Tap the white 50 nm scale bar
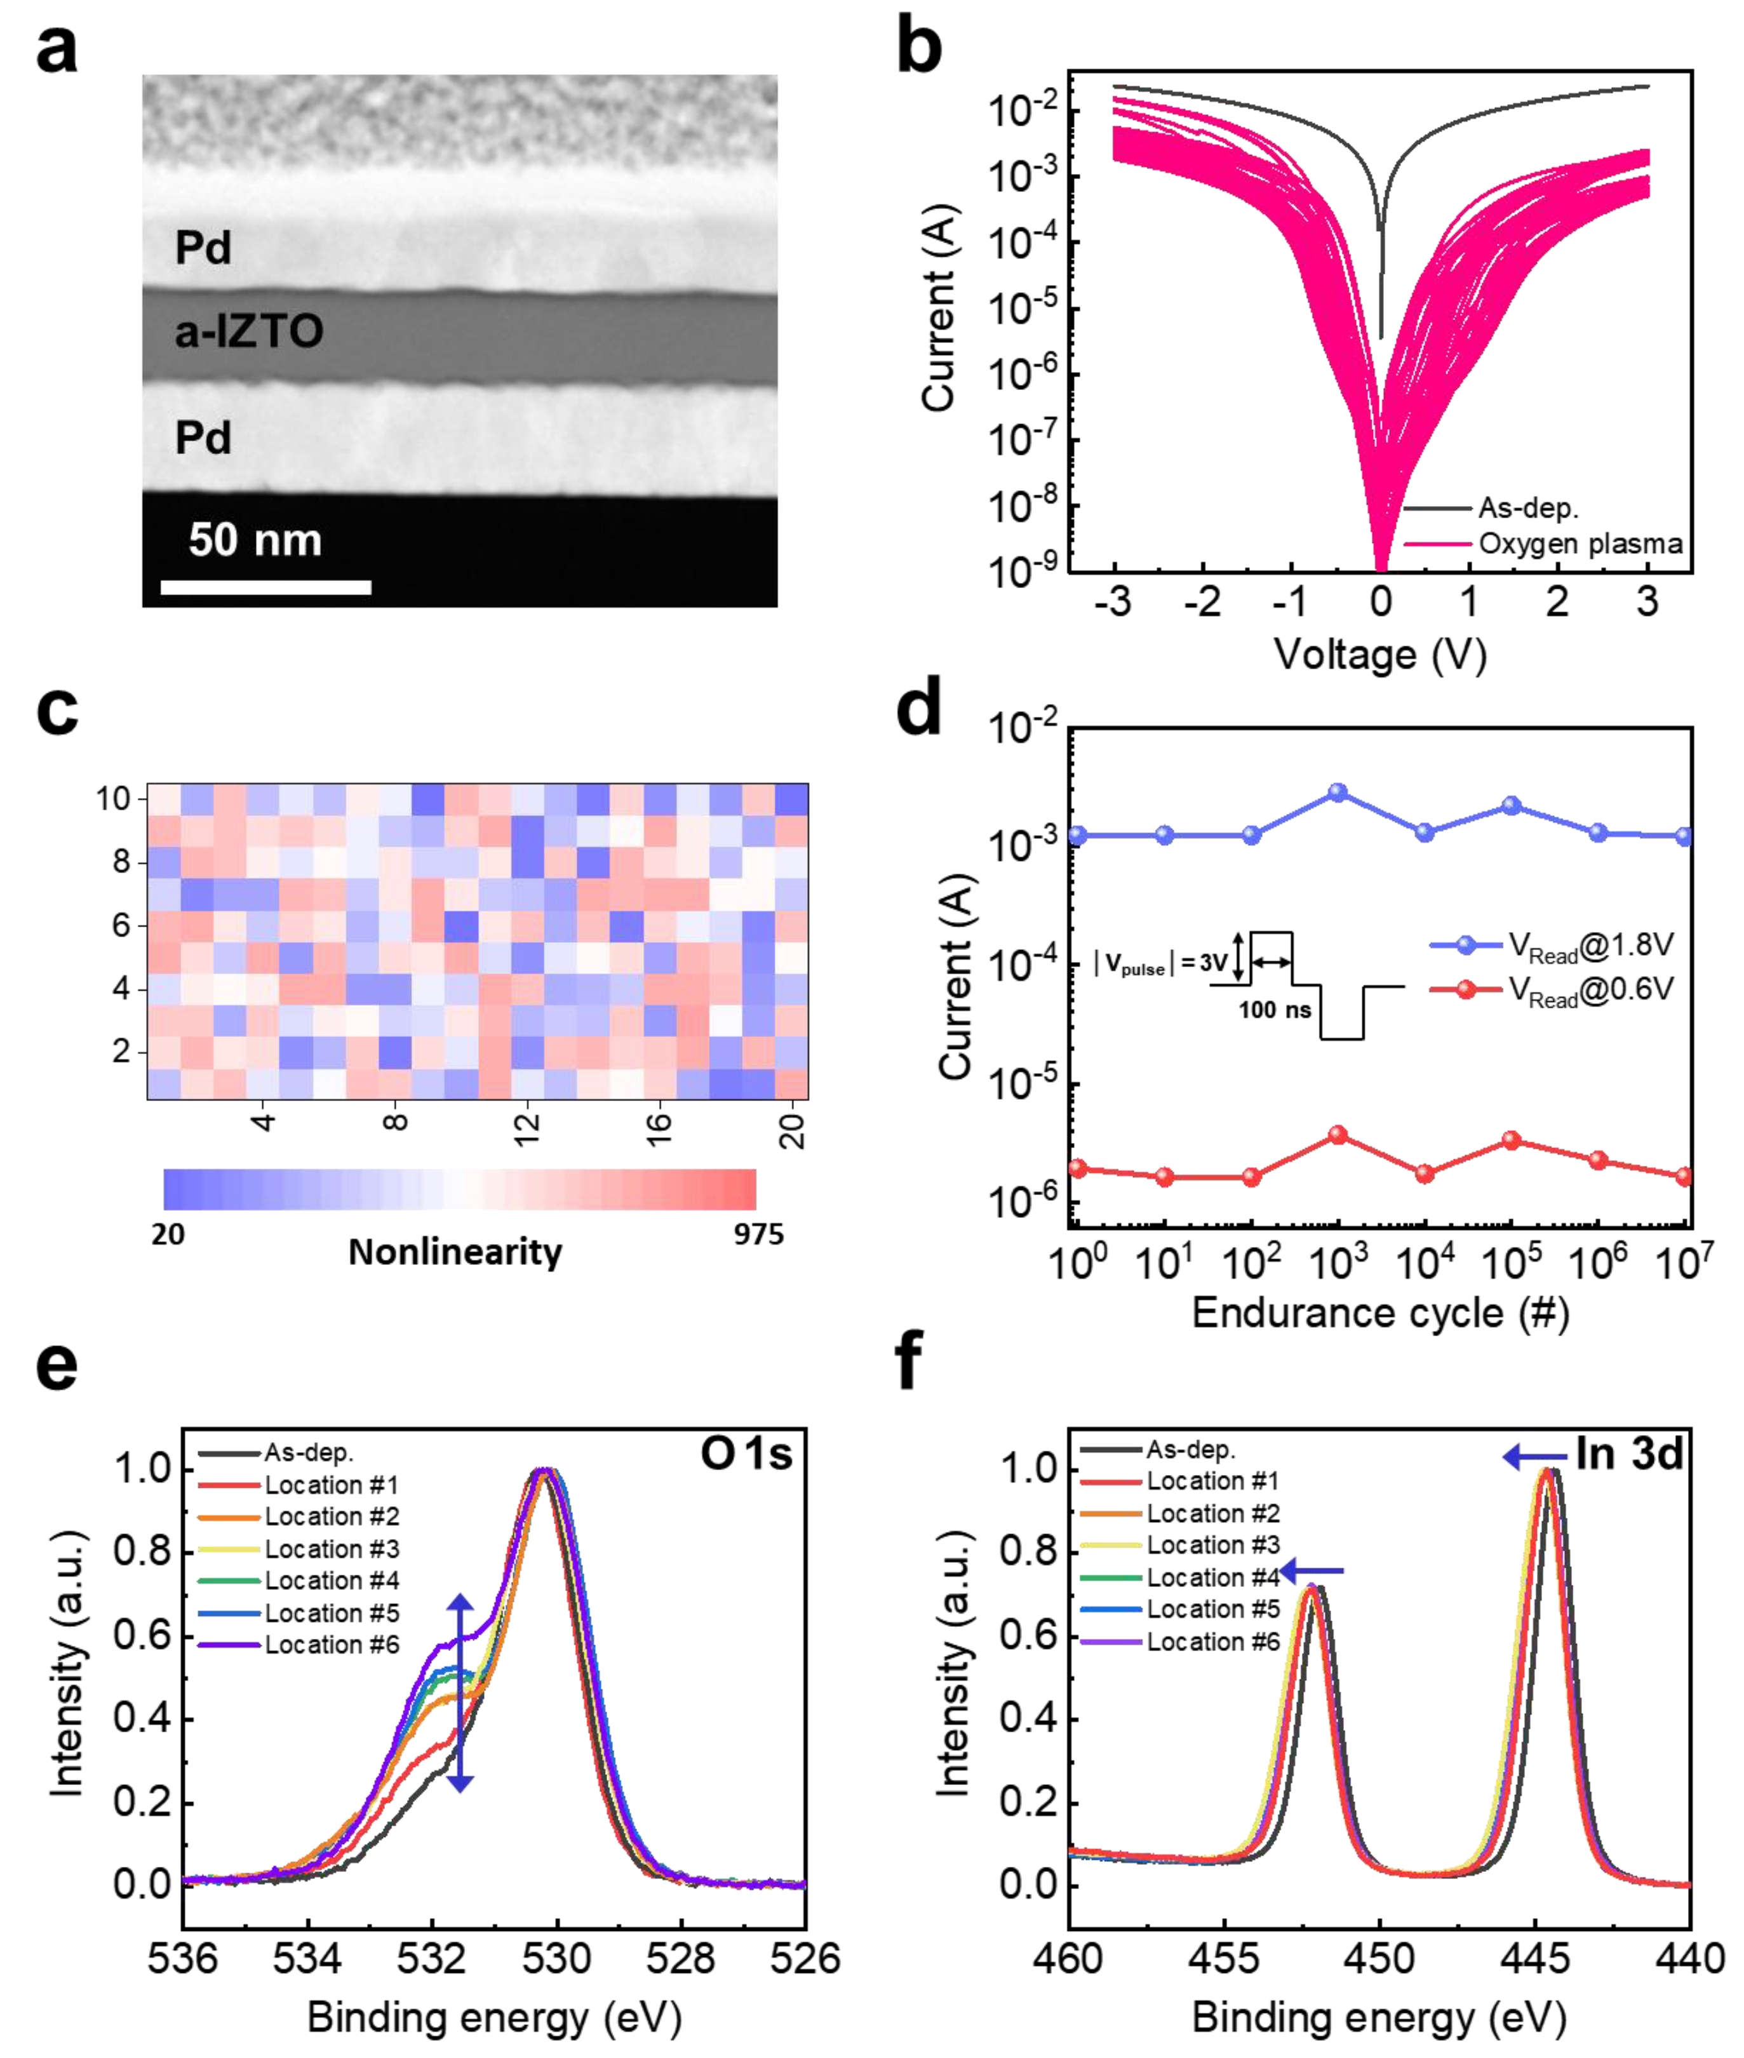[266, 587]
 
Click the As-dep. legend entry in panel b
[1527, 508]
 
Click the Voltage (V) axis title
[1380, 655]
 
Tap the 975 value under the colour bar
[758, 1234]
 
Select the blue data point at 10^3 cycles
[1338, 792]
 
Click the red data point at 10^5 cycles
[1511, 1140]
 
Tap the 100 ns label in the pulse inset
[1275, 1010]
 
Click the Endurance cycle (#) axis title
[1380, 1313]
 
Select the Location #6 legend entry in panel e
[331, 1645]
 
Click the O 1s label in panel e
[746, 1454]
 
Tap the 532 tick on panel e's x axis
[432, 1958]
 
